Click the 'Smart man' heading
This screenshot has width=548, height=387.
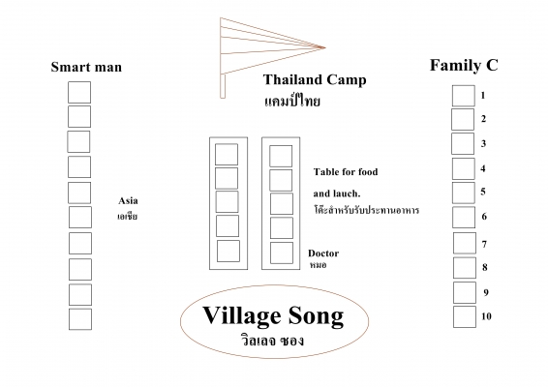pyautogui.click(x=86, y=67)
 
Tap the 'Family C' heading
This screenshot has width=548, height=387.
pyautogui.click(x=464, y=66)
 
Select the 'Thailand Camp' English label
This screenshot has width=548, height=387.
pyautogui.click(x=315, y=79)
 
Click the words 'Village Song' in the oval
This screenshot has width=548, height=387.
pyautogui.click(x=273, y=315)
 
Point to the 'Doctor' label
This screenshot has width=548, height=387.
pyautogui.click(x=323, y=253)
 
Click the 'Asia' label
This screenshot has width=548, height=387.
pyautogui.click(x=128, y=201)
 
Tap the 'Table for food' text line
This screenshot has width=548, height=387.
pyautogui.click(x=346, y=172)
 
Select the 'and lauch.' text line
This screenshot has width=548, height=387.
pyautogui.click(x=337, y=193)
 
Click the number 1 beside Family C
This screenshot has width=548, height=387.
pyautogui.click(x=483, y=95)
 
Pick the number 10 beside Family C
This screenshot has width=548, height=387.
pyautogui.click(x=486, y=316)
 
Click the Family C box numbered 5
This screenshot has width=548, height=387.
pyautogui.click(x=464, y=193)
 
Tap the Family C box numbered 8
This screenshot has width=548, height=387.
pyautogui.click(x=465, y=268)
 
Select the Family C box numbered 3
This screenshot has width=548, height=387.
pyautogui.click(x=463, y=143)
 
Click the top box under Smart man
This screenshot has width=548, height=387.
pyautogui.click(x=79, y=93)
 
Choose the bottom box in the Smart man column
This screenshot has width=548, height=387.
pyautogui.click(x=80, y=319)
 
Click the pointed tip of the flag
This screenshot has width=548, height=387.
pyautogui.click(x=325, y=47)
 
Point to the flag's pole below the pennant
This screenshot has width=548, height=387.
pyautogui.click(x=223, y=86)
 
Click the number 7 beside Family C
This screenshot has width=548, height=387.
pyautogui.click(x=484, y=244)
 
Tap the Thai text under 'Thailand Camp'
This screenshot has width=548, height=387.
pyautogui.click(x=292, y=101)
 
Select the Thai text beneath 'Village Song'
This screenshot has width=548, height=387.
pyautogui.click(x=272, y=341)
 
